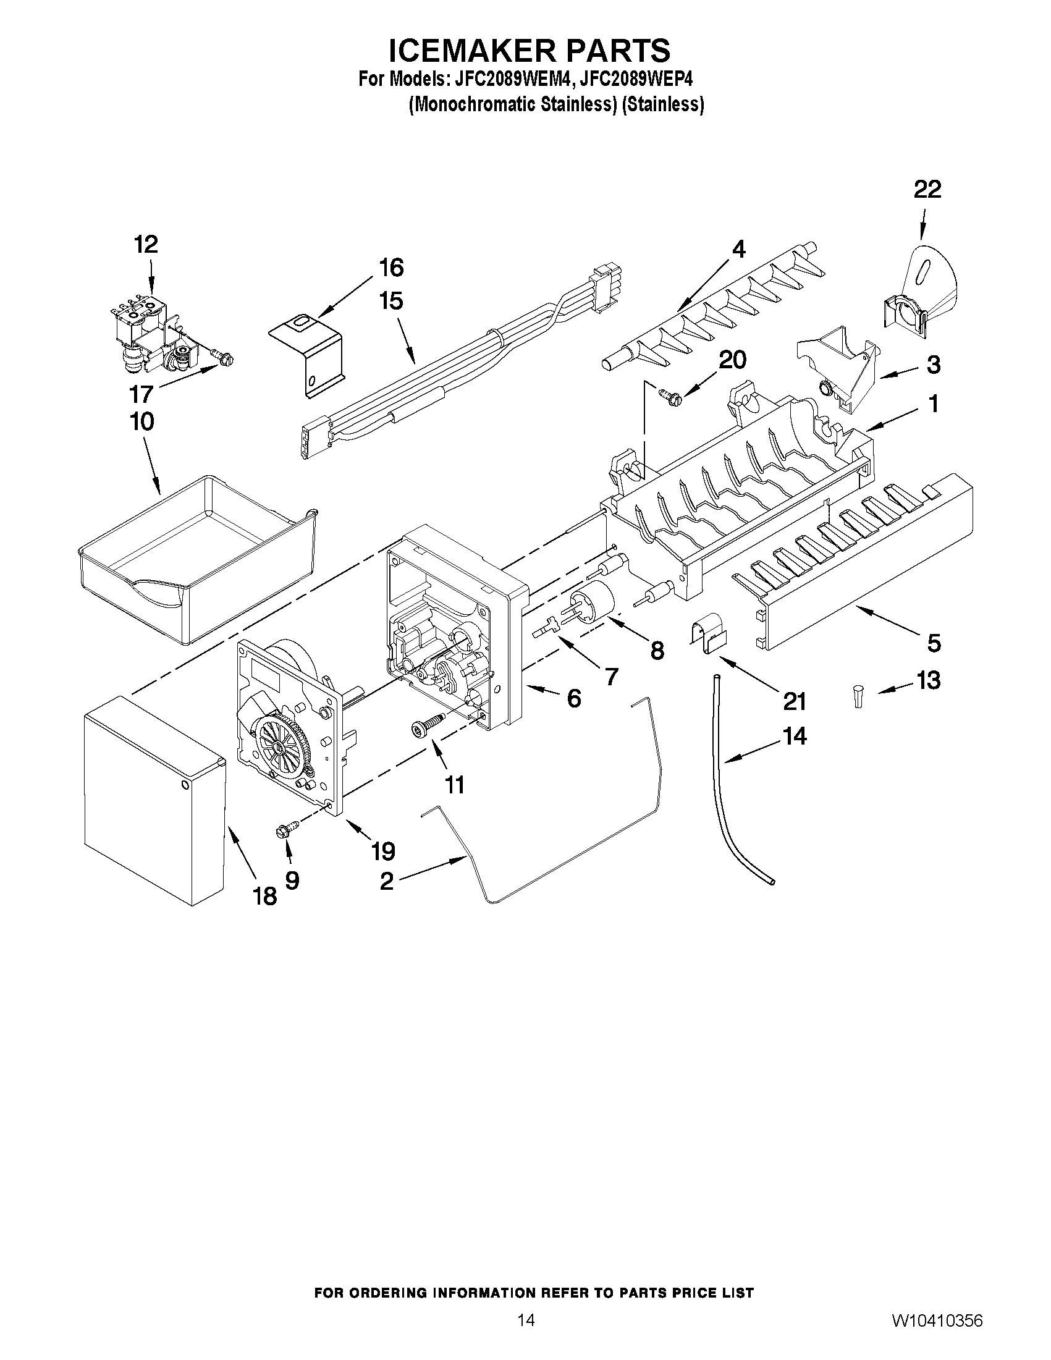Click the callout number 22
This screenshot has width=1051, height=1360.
[x=927, y=189]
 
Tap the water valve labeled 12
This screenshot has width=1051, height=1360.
[x=150, y=337]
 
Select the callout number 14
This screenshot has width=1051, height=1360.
[x=794, y=737]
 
